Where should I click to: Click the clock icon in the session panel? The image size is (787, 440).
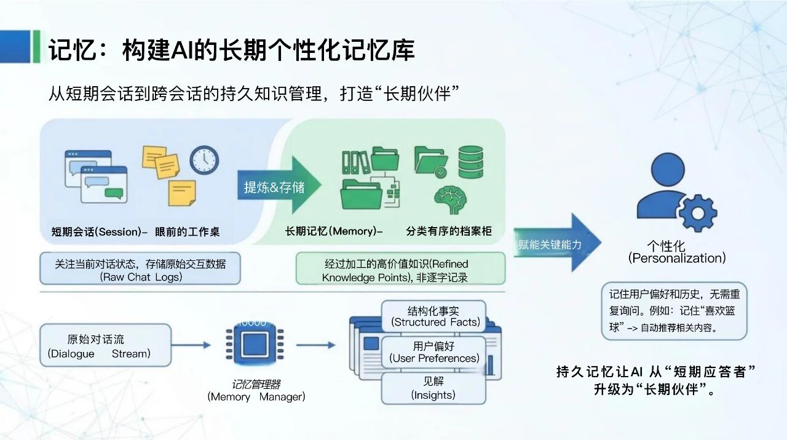[x=204, y=160]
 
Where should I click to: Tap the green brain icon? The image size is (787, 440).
[x=450, y=201]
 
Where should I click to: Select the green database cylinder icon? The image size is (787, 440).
[x=470, y=162]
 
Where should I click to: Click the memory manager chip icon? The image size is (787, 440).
[x=255, y=345]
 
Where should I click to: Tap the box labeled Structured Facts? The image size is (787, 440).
[x=434, y=316]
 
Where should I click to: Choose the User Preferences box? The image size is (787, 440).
[x=434, y=352]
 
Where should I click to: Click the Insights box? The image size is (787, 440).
[x=433, y=388]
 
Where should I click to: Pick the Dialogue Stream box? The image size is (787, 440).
[x=105, y=346]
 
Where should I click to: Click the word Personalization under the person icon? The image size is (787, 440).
[x=677, y=258]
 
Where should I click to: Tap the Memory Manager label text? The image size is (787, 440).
[x=256, y=397]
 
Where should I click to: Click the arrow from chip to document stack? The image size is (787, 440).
[x=316, y=345]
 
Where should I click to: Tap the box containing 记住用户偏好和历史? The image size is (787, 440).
[x=674, y=311]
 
